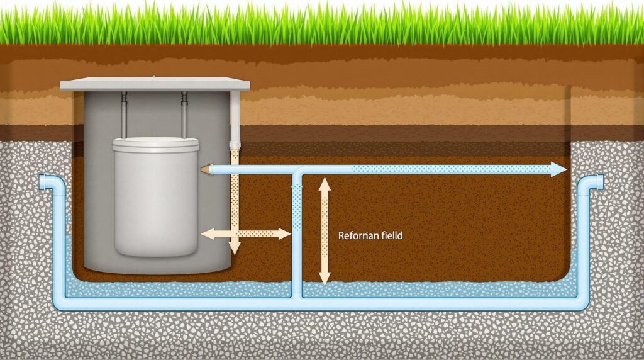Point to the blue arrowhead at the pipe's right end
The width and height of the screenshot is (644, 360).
558,169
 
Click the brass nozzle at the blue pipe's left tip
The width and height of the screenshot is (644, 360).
206,169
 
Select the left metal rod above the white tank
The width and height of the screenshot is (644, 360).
124,115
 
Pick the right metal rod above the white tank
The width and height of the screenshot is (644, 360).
184,115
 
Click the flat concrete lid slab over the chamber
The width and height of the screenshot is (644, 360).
155,84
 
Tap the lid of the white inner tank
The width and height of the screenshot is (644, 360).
156,145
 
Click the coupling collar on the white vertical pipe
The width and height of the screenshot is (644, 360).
235,145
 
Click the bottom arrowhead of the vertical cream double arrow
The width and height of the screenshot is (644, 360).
325,279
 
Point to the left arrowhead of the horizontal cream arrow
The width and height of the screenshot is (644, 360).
208,234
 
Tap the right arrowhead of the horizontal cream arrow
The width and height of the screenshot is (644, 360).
284,234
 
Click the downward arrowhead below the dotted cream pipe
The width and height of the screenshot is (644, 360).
235,248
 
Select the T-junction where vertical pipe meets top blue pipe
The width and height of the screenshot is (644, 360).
297,170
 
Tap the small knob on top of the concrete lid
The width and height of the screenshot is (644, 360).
154,76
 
